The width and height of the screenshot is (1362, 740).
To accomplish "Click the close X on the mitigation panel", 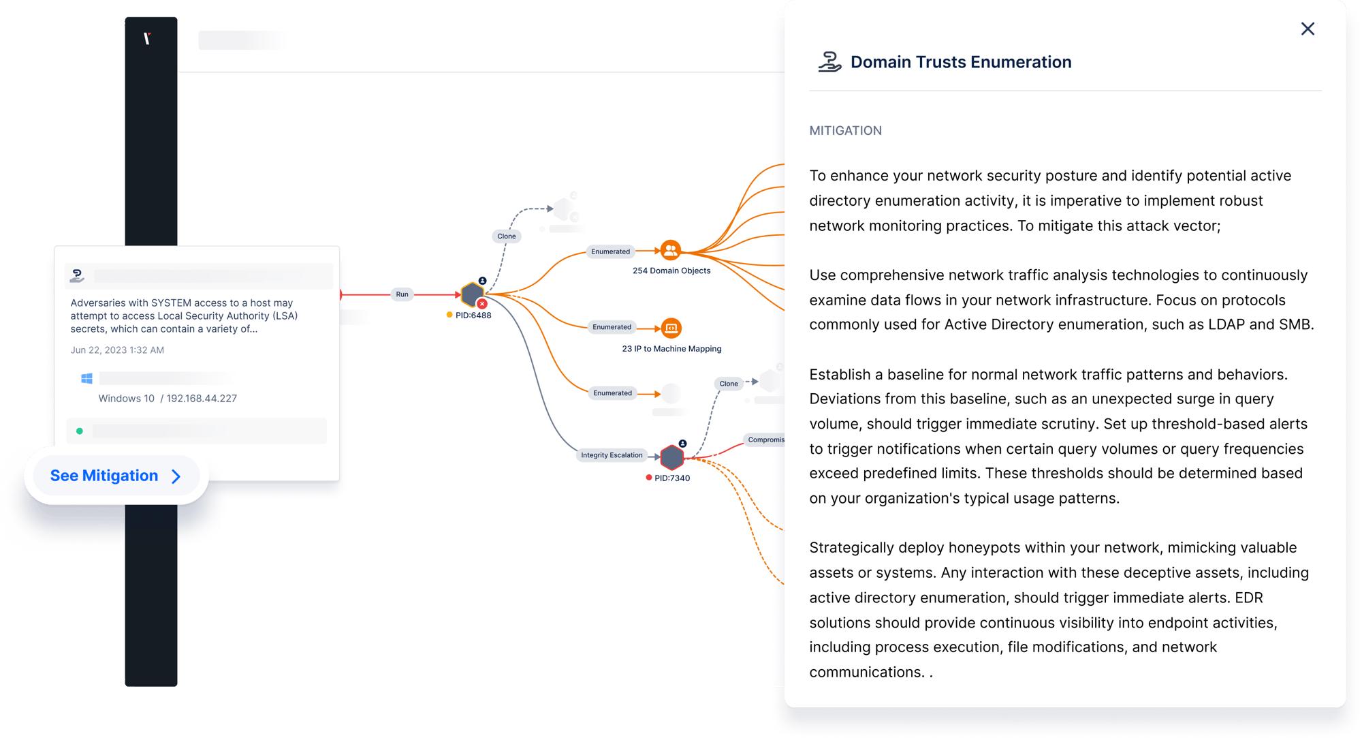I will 1308,29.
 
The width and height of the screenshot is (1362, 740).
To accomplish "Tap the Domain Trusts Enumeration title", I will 960,62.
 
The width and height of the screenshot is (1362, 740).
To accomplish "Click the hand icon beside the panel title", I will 829,62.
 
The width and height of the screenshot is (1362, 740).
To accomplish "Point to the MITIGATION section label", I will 845,131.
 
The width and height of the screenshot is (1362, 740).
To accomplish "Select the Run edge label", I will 402,294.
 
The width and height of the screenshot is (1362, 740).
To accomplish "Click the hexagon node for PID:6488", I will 471,294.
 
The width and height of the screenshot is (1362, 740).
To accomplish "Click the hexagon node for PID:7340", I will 672,457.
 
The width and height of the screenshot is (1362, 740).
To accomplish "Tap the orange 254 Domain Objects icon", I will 671,250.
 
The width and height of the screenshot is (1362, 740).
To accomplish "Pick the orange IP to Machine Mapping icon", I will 671,328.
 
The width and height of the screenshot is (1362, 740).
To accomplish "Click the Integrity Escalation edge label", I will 612,455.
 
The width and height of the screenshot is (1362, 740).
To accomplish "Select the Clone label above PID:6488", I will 507,236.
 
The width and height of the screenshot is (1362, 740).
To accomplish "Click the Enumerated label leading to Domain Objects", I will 610,251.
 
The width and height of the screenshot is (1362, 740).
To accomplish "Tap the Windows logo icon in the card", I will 87,379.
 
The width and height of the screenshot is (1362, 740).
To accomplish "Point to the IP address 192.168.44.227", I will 202,399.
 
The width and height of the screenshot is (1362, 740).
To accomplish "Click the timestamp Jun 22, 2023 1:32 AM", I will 117,350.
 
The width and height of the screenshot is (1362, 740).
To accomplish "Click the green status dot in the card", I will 80,431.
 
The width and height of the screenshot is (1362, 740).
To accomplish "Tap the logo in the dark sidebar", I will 147,39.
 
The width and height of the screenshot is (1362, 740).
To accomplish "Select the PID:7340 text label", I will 672,478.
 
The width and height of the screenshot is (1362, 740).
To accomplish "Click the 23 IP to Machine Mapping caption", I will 671,349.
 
